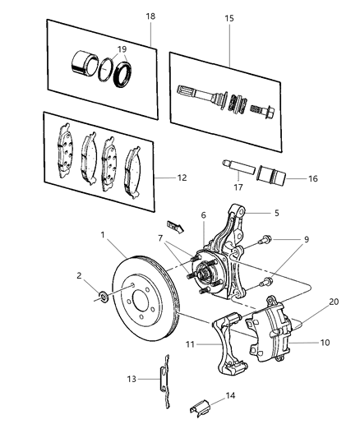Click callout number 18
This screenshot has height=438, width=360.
click(150, 16)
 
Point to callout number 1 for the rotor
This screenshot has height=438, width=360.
click(104, 235)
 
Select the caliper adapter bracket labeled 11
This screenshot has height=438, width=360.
click(234, 345)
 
